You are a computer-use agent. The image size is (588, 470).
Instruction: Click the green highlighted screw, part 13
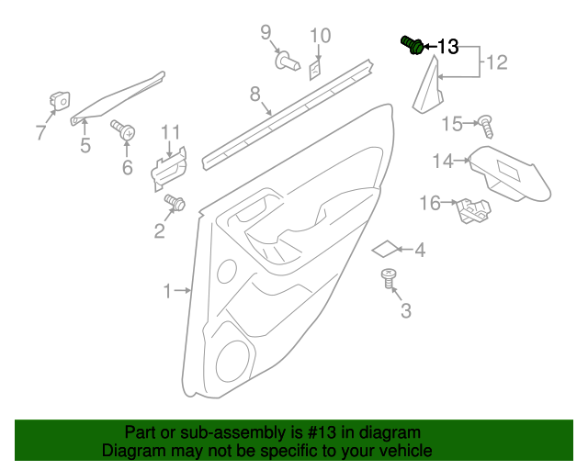pyautogui.click(x=413, y=45)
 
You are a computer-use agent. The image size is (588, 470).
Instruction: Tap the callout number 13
pyautogui.click(x=447, y=47)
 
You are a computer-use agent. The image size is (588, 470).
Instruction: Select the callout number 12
pyautogui.click(x=496, y=63)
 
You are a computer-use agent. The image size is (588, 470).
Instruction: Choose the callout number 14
pyautogui.click(x=444, y=161)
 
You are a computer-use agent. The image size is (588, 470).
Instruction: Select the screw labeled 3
pyautogui.click(x=390, y=279)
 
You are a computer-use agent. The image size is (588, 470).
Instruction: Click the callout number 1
pyautogui.click(x=167, y=292)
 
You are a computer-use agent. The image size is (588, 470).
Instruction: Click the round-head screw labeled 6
pyautogui.click(x=123, y=131)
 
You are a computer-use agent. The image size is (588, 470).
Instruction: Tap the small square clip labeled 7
pyautogui.click(x=61, y=102)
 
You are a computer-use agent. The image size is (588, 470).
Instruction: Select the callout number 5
pyautogui.click(x=85, y=145)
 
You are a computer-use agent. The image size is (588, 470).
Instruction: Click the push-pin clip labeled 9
pyautogui.click(x=290, y=62)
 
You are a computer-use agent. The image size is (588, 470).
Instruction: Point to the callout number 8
pyautogui.click(x=254, y=94)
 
